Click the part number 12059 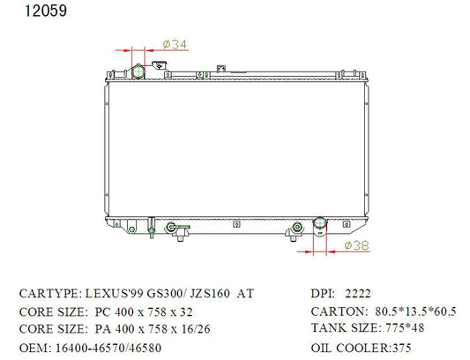point(46,11)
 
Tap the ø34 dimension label point(175,44)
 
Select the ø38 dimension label point(357,245)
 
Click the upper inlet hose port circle point(138,72)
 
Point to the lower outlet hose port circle point(320,223)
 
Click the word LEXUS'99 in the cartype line point(115,293)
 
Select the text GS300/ point(165,293)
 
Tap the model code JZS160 point(210,293)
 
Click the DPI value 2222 point(358,293)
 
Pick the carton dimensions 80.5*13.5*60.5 point(415,311)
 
